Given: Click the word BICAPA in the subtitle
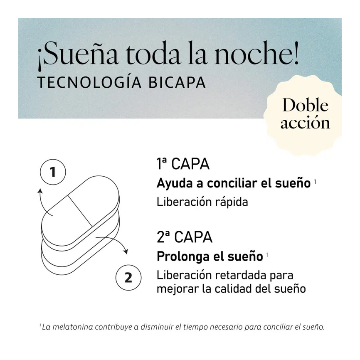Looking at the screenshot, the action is click(x=177, y=82).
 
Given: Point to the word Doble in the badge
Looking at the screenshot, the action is click(x=305, y=105).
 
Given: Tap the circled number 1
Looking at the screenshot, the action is click(x=53, y=172).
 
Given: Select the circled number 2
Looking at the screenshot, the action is click(x=128, y=278).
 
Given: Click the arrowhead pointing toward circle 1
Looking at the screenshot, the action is click(x=40, y=191).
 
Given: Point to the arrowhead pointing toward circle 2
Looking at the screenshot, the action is click(x=126, y=252).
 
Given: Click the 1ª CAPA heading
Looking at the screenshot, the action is click(x=183, y=164).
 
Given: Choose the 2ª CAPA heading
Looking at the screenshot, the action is click(x=185, y=237).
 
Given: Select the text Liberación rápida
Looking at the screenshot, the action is click(x=202, y=202).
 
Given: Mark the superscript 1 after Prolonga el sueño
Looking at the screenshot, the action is click(x=267, y=255).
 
